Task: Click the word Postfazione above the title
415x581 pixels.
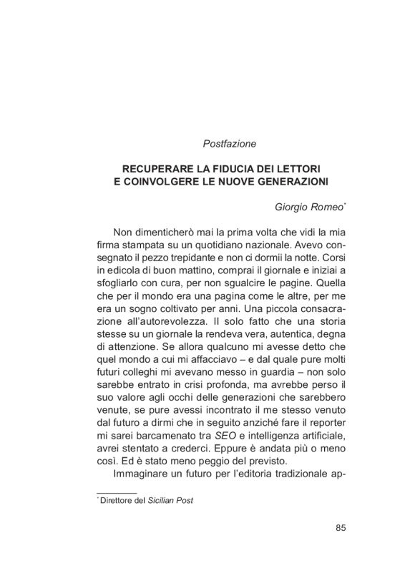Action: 230,144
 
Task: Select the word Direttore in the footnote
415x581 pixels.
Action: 119,501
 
